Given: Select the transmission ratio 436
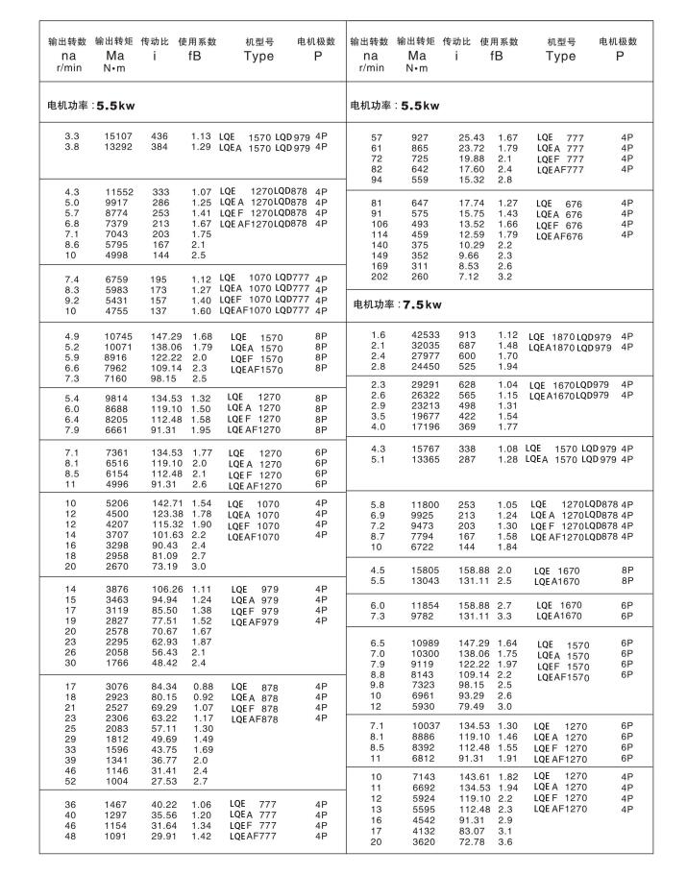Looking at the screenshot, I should [x=159, y=136].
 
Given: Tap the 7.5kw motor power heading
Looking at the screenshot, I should [x=396, y=304].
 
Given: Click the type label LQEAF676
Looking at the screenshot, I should [x=559, y=236].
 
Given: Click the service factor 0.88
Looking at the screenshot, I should [x=202, y=686].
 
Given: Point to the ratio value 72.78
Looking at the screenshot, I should [x=472, y=842].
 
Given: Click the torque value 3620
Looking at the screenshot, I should [x=424, y=842].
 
